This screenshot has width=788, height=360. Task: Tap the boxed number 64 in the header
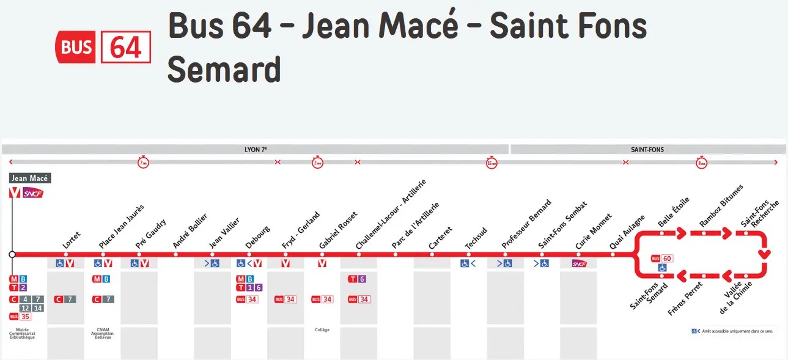[125, 46]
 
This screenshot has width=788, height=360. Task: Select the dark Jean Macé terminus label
[30, 178]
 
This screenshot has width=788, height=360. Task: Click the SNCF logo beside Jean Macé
[34, 193]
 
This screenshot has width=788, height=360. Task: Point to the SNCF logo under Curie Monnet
[579, 263]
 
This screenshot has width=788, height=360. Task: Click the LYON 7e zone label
[255, 149]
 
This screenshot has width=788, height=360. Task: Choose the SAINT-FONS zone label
[647, 149]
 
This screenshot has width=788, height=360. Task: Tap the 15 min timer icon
[492, 163]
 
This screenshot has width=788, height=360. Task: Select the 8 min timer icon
[701, 163]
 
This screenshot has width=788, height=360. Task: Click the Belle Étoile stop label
[673, 213]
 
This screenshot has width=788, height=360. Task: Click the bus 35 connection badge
[20, 317]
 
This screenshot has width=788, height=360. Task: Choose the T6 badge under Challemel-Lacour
[357, 279]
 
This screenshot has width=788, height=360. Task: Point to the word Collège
[322, 330]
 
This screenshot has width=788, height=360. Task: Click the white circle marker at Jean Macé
[12, 254]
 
